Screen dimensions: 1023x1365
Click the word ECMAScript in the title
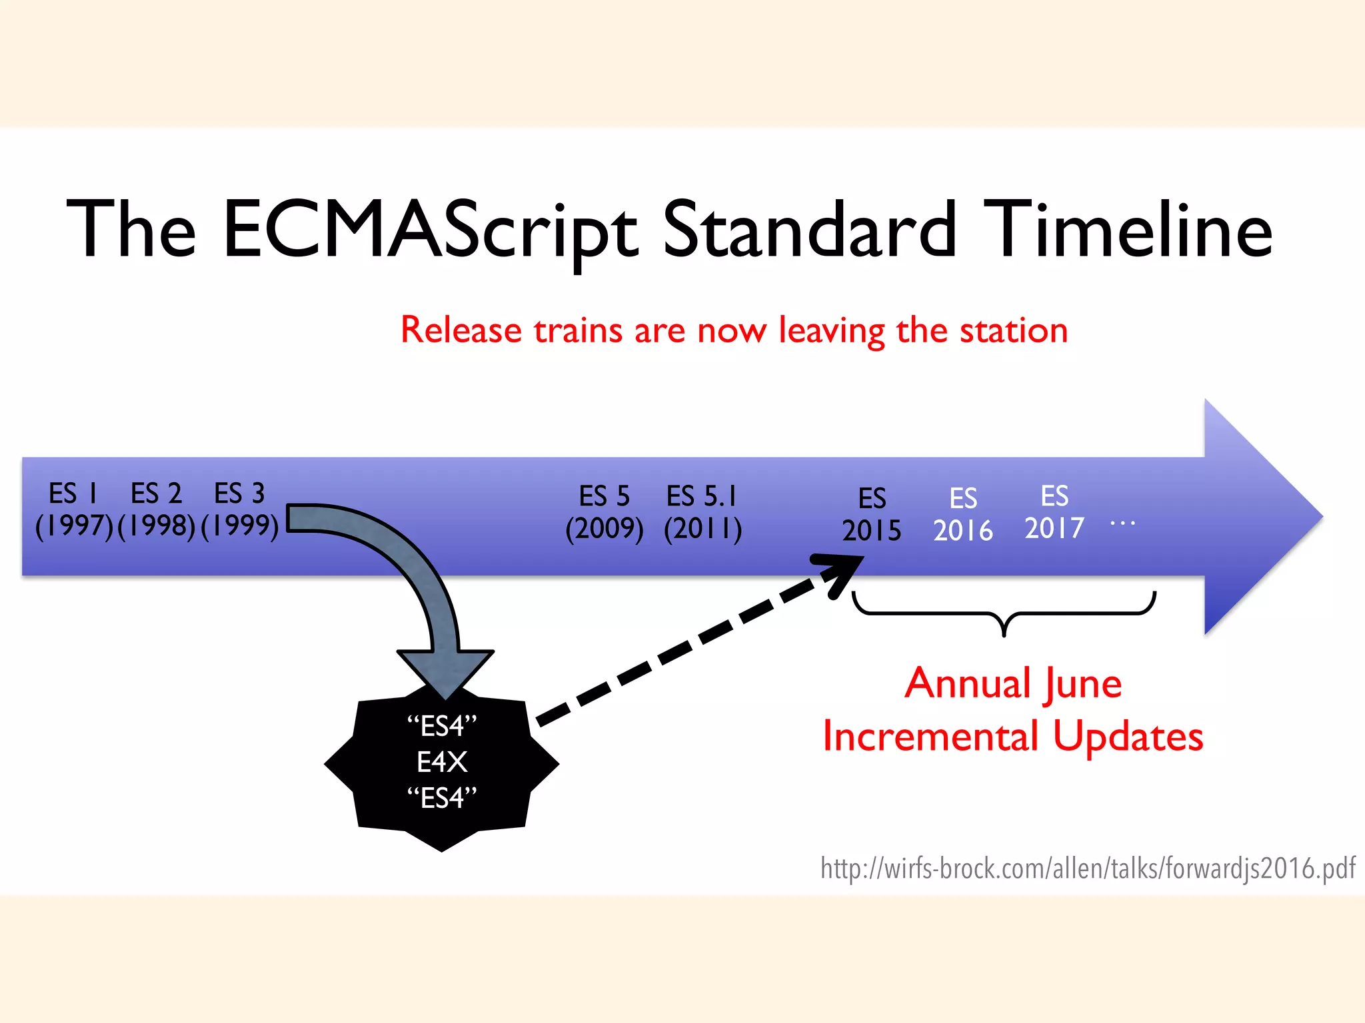coord(430,230)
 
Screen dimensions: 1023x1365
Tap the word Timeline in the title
coord(1128,230)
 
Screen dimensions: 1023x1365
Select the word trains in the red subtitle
coord(578,330)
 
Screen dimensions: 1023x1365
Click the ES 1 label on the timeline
coord(73,494)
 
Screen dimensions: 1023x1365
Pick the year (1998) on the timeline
coord(157,526)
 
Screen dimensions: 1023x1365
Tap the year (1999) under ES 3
coord(240,526)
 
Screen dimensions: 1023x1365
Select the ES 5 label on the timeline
coord(604,497)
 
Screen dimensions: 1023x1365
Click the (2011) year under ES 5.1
coord(702,529)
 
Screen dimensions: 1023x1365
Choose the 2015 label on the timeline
coord(872,531)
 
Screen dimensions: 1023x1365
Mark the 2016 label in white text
coord(963,531)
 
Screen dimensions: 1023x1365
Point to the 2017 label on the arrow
coord(1054,529)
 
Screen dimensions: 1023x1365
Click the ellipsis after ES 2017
coord(1123,523)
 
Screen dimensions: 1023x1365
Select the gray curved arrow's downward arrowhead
coord(445,673)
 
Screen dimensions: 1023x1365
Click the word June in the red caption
coord(1084,684)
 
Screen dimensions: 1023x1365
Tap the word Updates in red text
coord(1128,737)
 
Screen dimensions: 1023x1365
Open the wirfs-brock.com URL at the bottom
coord(1088,868)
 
